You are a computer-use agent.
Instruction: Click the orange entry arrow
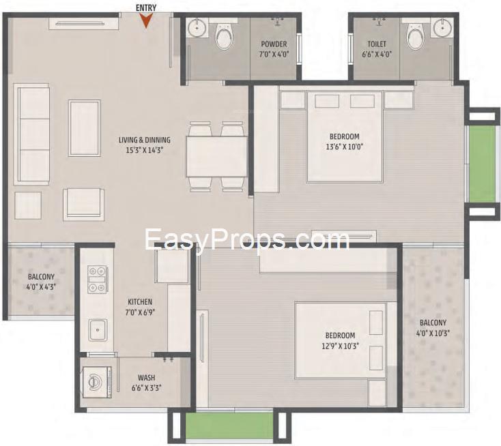[146, 20]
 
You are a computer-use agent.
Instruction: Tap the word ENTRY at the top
[146, 8]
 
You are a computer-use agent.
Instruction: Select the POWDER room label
[274, 44]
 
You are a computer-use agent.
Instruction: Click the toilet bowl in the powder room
[224, 35]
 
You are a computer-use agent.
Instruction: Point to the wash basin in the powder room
[197, 28]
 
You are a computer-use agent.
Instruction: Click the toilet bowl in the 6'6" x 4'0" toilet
[416, 36]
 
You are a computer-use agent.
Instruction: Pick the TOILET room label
[377, 44]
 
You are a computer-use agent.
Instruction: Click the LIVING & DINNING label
[145, 140]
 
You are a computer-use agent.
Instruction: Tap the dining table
[216, 156]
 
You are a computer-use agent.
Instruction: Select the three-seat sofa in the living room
[31, 134]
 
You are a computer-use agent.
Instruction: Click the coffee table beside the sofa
[85, 128]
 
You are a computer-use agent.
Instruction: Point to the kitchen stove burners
[98, 280]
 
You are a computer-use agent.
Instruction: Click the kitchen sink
[98, 330]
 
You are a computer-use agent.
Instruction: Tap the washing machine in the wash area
[97, 382]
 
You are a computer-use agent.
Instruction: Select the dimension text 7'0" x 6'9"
[140, 312]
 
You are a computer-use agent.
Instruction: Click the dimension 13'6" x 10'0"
[345, 147]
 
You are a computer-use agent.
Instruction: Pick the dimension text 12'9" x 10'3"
[341, 346]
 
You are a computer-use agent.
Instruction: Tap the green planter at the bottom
[229, 426]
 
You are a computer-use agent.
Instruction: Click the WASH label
[147, 378]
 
